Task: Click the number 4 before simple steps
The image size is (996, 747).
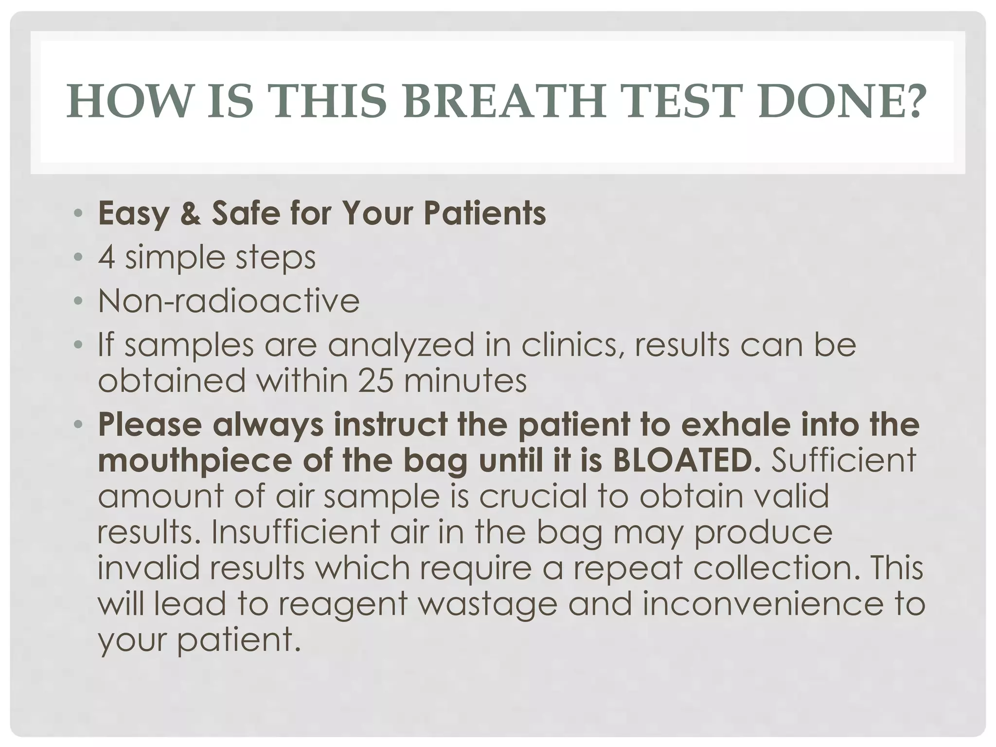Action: point(107,257)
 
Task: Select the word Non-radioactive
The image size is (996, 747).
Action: point(229,301)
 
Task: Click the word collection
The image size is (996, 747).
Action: point(773,568)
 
